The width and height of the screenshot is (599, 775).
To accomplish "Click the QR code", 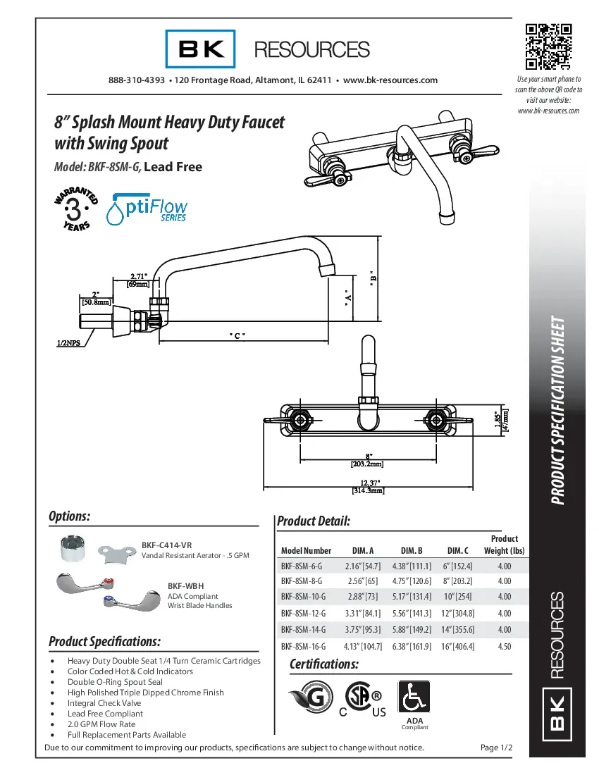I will click(x=548, y=47).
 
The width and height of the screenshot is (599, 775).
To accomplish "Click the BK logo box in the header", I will click(x=201, y=49).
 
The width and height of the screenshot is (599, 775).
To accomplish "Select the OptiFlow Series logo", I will click(x=148, y=209).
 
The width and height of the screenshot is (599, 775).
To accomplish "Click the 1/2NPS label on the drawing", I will click(x=68, y=344).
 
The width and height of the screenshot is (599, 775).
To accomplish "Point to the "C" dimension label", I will click(x=237, y=335).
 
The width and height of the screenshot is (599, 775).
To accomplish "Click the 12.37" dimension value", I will click(x=368, y=482).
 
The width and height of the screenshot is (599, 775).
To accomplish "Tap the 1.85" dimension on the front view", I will click(x=498, y=420).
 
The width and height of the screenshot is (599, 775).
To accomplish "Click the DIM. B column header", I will click(x=411, y=550).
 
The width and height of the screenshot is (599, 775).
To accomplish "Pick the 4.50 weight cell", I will click(x=505, y=645).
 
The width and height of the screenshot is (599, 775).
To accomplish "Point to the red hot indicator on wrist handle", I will click(x=106, y=582).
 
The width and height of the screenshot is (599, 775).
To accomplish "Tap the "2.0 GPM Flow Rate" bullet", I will click(x=101, y=724).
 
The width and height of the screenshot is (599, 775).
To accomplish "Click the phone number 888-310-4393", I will click(x=137, y=80).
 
